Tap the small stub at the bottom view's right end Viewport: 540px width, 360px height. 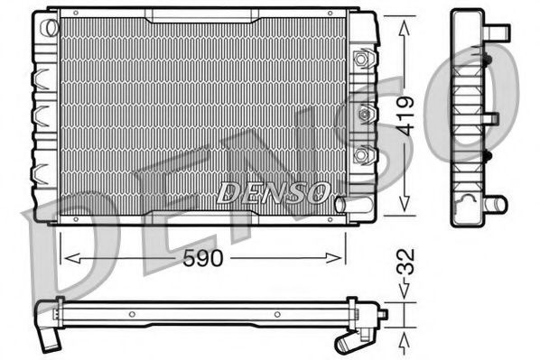tap(382, 315)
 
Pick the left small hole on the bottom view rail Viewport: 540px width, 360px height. tap(132, 315)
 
